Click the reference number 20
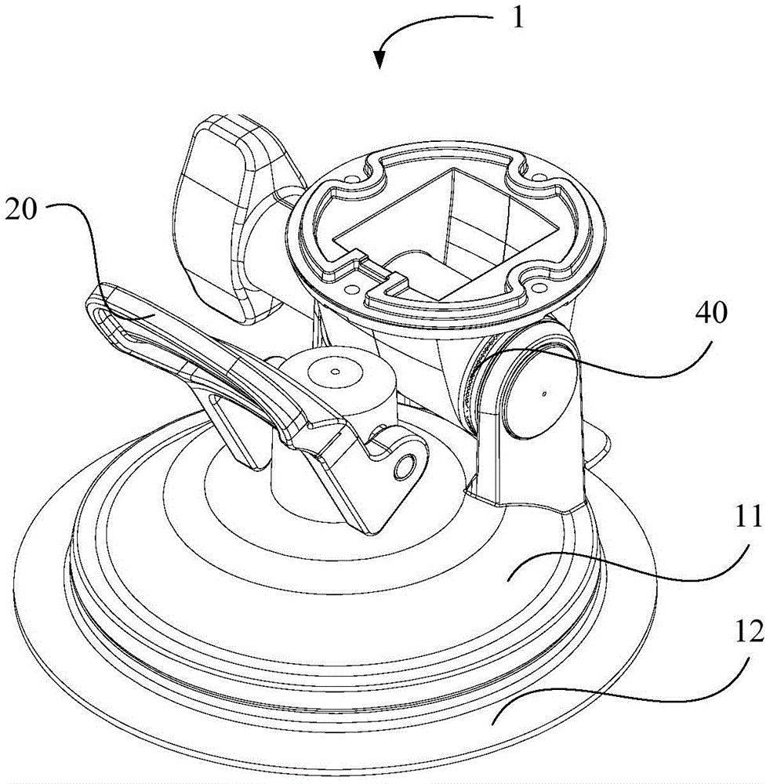22,209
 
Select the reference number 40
710,314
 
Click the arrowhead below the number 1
380,58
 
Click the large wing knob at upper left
230,215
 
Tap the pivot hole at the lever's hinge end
404,466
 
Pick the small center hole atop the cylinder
336,372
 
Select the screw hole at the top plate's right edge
540,177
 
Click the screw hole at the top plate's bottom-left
353,289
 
